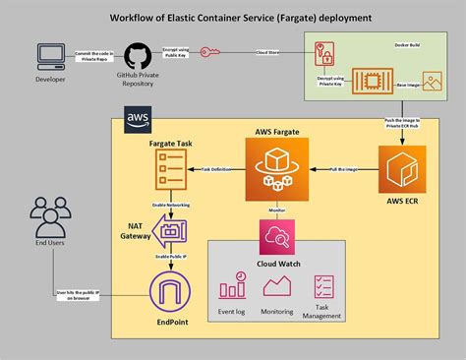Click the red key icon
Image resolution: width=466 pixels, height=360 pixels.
pyautogui.click(x=210, y=52)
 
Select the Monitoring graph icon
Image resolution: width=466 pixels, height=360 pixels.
pyautogui.click(x=277, y=286)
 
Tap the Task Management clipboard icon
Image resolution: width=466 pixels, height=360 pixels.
pyautogui.click(x=326, y=286)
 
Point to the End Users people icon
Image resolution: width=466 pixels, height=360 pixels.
pyautogui.click(x=49, y=216)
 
